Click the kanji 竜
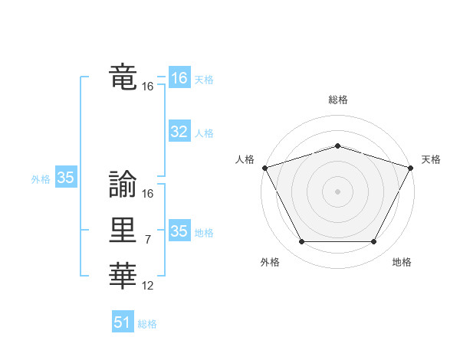(x=123, y=77)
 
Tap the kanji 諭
(x=123, y=185)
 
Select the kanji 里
(x=123, y=231)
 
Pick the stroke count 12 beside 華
(x=147, y=285)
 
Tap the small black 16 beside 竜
(x=147, y=87)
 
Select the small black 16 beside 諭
(x=147, y=195)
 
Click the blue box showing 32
(x=179, y=132)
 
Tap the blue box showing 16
(x=179, y=78)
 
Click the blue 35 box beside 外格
(x=66, y=178)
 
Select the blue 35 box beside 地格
(x=179, y=231)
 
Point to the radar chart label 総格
(x=337, y=100)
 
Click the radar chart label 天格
(x=431, y=159)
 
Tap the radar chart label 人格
(x=245, y=159)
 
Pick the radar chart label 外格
(x=270, y=262)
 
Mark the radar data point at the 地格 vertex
(x=374, y=242)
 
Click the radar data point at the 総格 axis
(x=337, y=146)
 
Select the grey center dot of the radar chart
(x=337, y=191)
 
